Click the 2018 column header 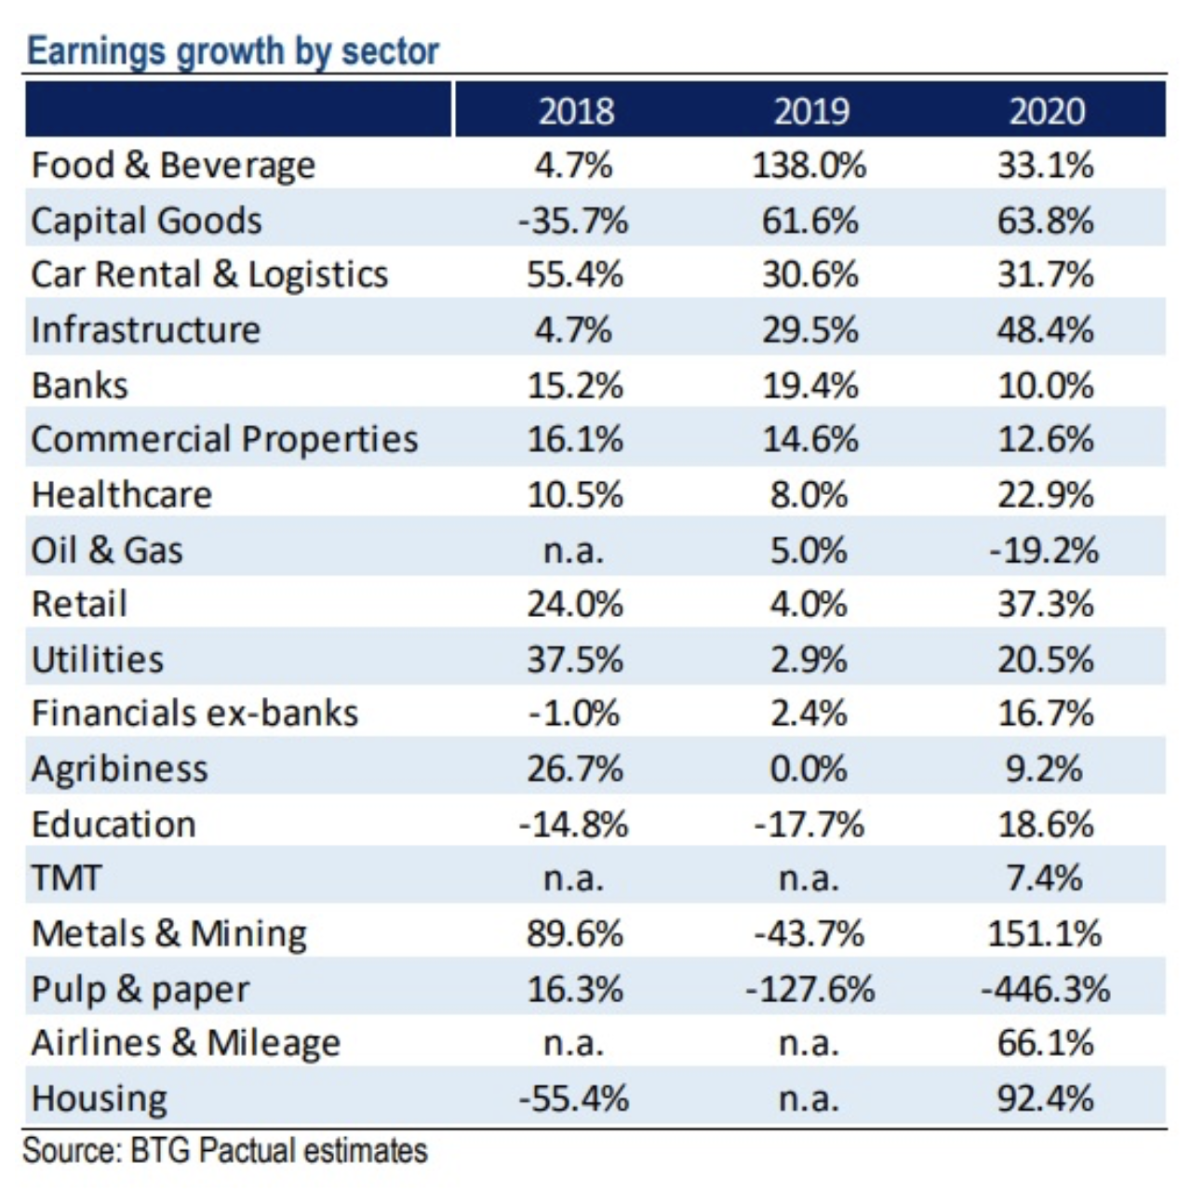coord(576,112)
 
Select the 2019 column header coord(811,112)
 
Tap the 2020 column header coord(1047,112)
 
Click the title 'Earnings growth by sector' coord(233,51)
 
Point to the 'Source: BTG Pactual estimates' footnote coord(225,1151)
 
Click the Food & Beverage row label coord(173,166)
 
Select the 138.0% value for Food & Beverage coord(809,166)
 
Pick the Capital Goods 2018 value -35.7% coord(573,221)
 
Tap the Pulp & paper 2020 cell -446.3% coord(1045,989)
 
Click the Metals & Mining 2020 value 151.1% coord(1045,933)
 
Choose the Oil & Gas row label coord(107,550)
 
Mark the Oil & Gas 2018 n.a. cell coord(573,550)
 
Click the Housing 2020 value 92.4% coord(1045,1099)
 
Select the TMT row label coord(66,878)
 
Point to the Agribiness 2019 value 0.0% coord(809,769)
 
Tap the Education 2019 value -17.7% coord(809,824)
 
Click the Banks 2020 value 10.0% coord(1045,385)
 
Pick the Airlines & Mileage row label coord(186,1044)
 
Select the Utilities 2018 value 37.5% coord(575,660)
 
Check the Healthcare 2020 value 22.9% coord(1045,495)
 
